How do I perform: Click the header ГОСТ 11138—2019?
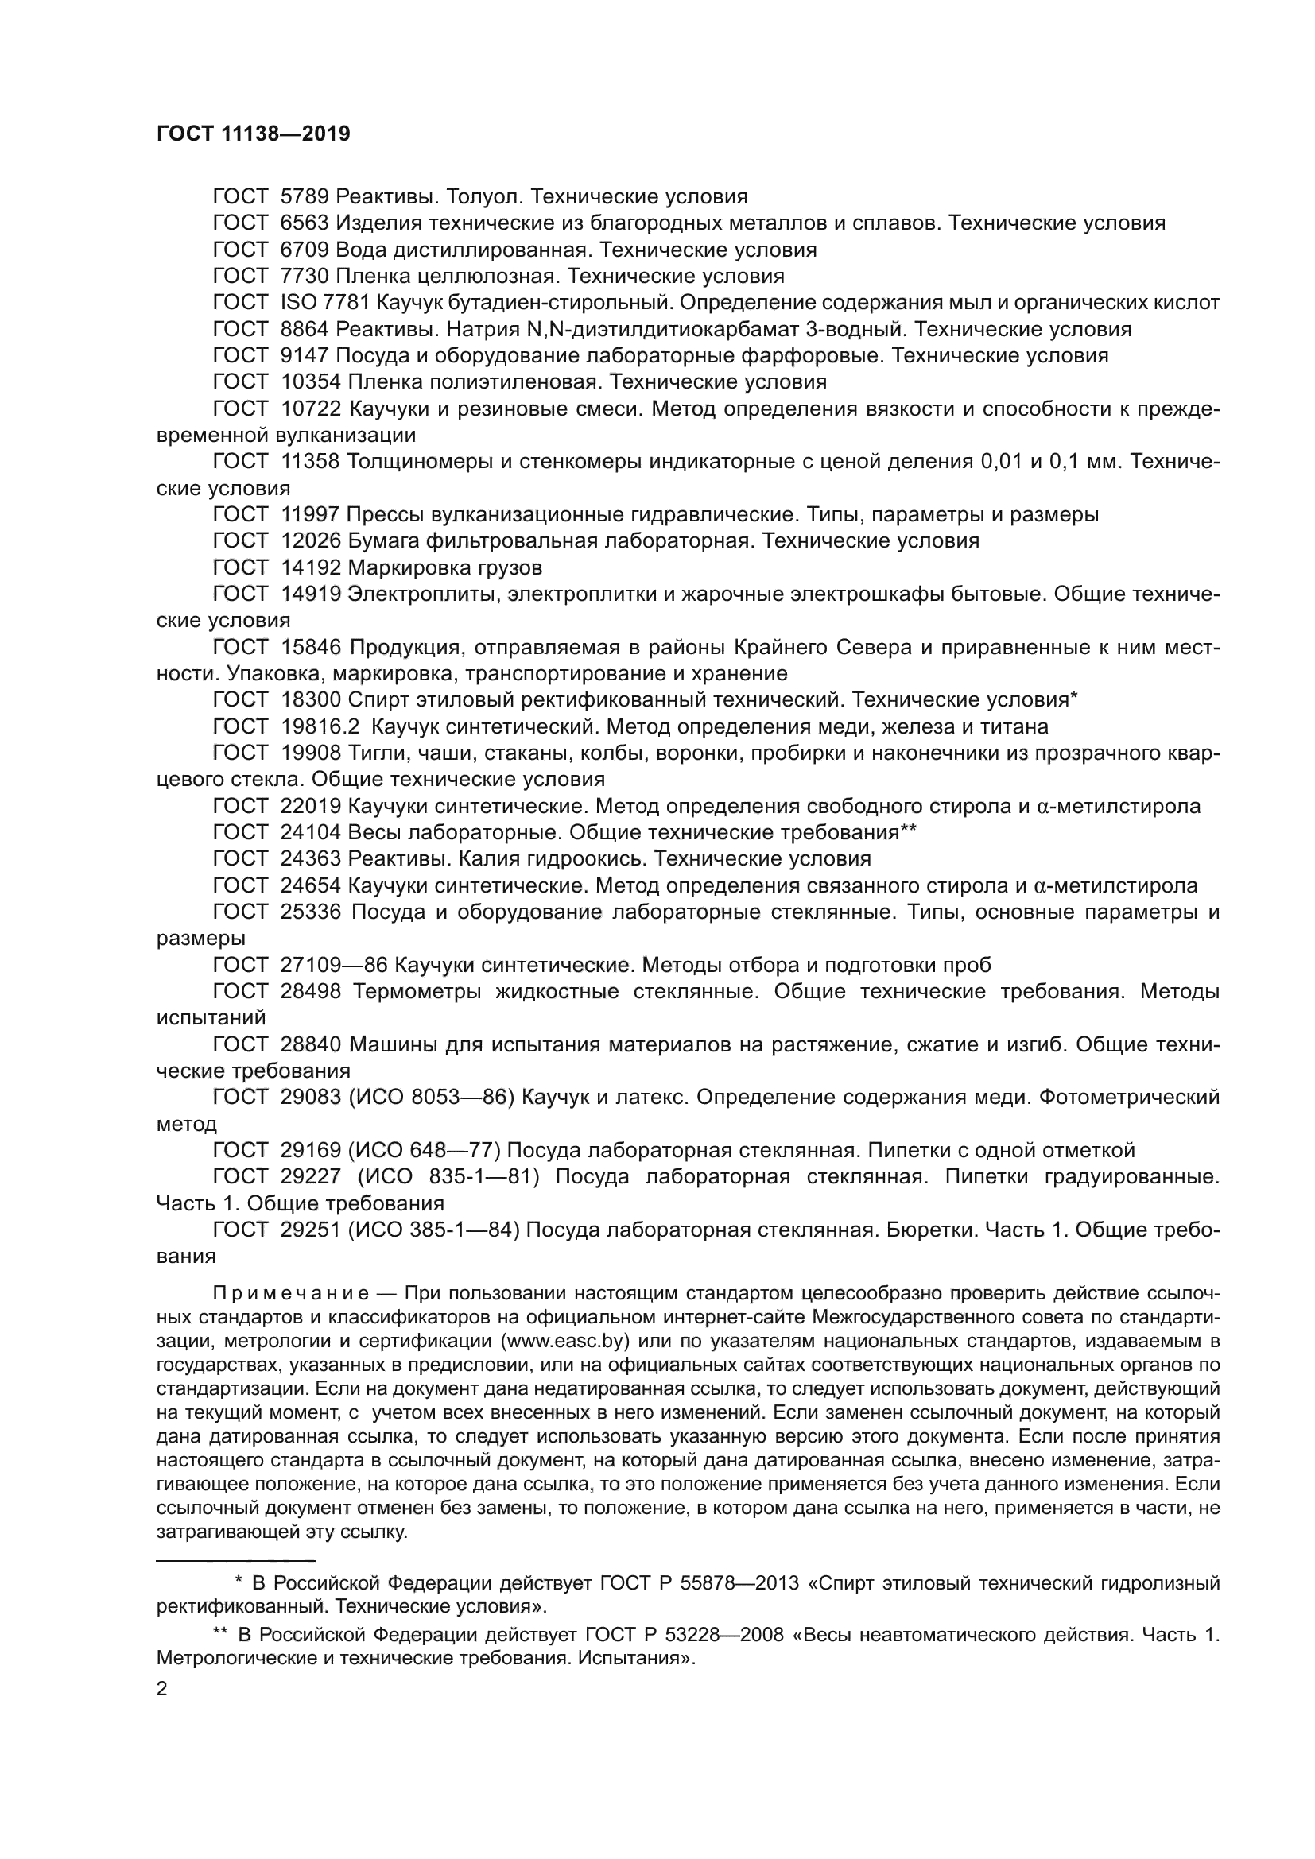[253, 134]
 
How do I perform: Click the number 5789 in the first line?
[305, 197]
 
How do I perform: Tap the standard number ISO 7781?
[324, 303]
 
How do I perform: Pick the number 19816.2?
[320, 727]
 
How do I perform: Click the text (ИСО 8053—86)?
[431, 1098]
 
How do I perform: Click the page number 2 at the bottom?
[162, 1689]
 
